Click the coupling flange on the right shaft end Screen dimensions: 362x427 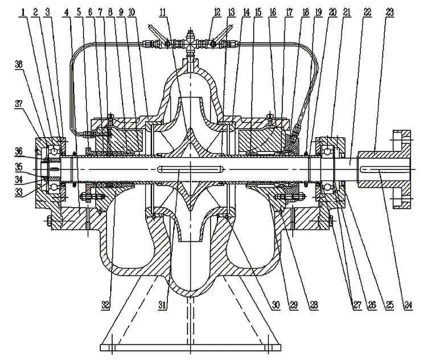pos(399,167)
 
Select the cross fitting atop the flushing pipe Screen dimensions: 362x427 pos(189,42)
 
